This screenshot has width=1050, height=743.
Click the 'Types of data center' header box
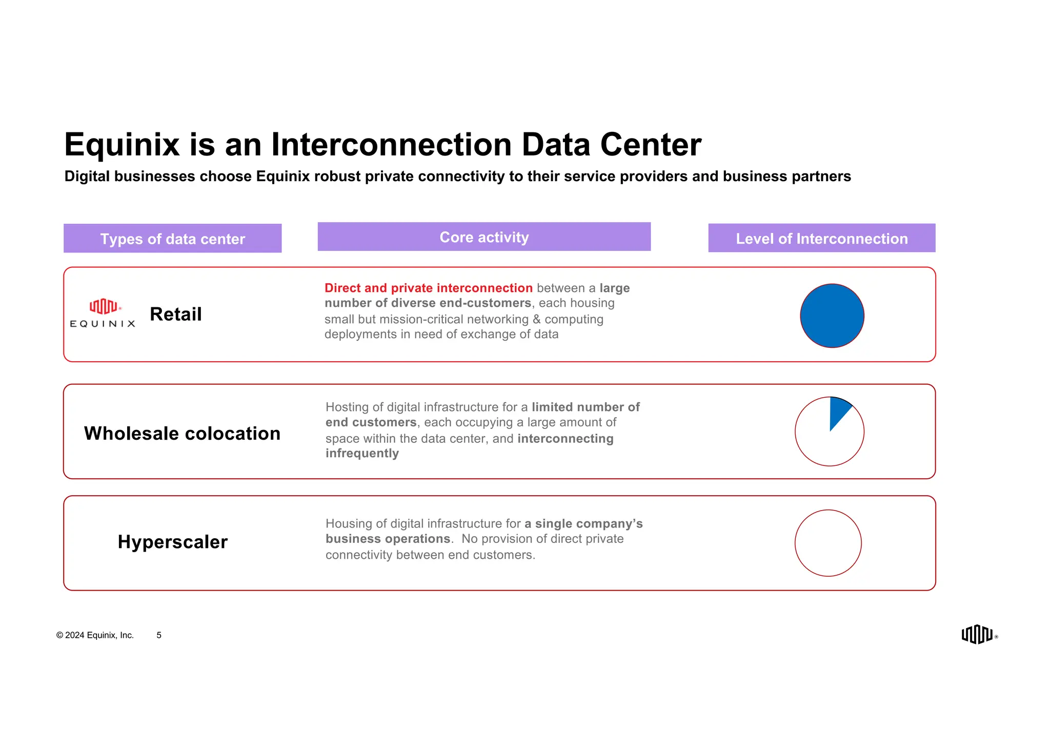coord(172,239)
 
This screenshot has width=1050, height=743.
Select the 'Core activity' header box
coord(484,237)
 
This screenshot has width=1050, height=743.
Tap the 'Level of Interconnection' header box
coord(821,238)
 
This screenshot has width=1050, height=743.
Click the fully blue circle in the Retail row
coord(832,316)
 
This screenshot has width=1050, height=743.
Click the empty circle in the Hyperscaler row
coord(828,543)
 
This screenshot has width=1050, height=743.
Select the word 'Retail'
coord(176,314)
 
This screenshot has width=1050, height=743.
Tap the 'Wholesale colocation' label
coord(182,434)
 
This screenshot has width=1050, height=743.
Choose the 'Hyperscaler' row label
coord(172,542)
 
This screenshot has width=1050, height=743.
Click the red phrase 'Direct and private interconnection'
coord(428,288)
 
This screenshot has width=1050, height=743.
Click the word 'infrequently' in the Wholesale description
coord(362,454)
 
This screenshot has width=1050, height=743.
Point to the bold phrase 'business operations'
coord(388,539)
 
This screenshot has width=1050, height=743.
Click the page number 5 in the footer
coord(159,635)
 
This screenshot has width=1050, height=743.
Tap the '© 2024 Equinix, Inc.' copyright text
coord(95,635)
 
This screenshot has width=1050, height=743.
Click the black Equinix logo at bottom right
coord(977,634)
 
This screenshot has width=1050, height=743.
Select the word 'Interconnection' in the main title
coord(391,145)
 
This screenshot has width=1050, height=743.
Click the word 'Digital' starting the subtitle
coord(87,177)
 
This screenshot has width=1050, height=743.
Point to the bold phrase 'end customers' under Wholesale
coord(371,422)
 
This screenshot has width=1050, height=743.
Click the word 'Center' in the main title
coord(650,145)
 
